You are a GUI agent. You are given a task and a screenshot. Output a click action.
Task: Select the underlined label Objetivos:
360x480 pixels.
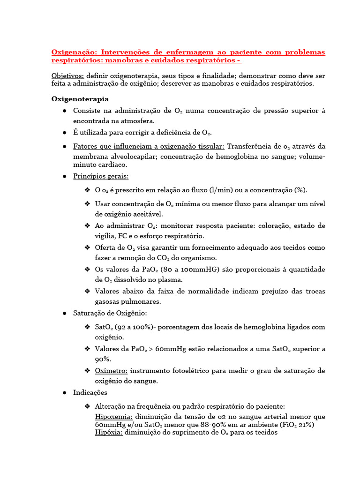67,76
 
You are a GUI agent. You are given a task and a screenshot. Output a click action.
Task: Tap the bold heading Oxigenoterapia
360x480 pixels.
80,99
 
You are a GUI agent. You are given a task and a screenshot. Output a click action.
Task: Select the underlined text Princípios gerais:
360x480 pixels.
101,176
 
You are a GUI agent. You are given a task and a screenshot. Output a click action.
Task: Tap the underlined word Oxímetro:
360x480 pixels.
111,371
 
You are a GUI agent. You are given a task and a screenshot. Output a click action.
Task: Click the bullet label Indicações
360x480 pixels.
90,392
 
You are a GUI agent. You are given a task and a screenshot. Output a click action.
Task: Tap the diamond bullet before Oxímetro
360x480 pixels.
87,371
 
